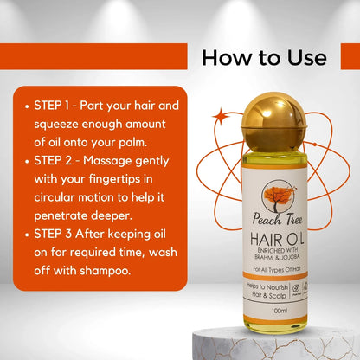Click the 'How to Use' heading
pyautogui.click(x=264, y=57)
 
